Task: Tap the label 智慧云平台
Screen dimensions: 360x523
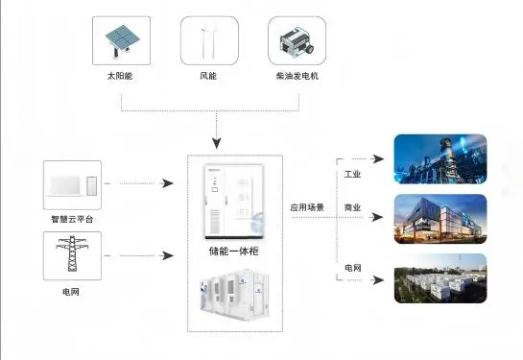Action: [x=72, y=218]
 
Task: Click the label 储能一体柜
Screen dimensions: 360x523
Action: [x=234, y=252]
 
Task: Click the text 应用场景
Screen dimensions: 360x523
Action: [x=308, y=206]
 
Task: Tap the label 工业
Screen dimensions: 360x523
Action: [x=353, y=175]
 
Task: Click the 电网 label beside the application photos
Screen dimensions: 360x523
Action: [x=353, y=267]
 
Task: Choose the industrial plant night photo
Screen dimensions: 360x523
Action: [x=440, y=158]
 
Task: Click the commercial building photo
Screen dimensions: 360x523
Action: [x=440, y=218]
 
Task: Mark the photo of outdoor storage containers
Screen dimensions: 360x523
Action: [x=440, y=278]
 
